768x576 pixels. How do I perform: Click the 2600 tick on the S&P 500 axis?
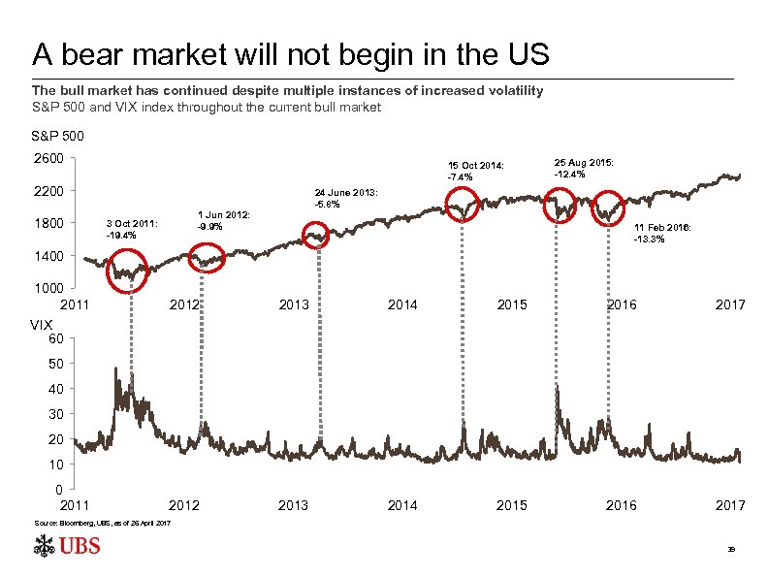[x=48, y=158]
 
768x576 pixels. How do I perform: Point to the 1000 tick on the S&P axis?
[x=48, y=289]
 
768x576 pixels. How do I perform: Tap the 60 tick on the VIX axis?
[x=57, y=338]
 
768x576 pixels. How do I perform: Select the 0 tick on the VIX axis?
[x=60, y=490]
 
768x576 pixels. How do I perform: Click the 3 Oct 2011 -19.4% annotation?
[x=129, y=229]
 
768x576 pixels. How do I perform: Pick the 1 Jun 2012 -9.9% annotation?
[x=223, y=220]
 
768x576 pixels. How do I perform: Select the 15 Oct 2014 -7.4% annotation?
[x=474, y=171]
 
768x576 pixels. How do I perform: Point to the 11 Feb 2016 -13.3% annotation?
[x=661, y=233]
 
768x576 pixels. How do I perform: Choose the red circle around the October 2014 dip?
[x=465, y=206]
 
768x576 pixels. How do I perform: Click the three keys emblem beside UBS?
[x=43, y=548]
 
